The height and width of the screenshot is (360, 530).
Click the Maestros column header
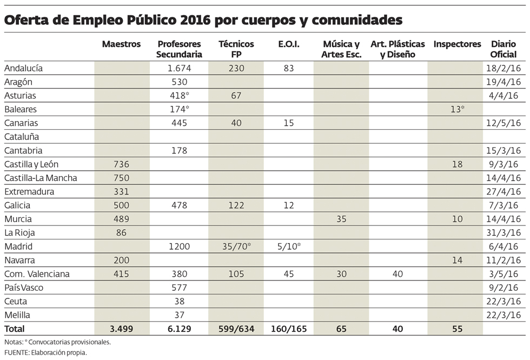coord(121,44)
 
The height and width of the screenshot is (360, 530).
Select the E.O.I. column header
coord(289,44)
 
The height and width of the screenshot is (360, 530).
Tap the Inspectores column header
coord(457,44)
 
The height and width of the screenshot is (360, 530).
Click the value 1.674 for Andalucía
coord(177,68)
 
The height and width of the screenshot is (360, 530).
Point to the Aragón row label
coord(18,82)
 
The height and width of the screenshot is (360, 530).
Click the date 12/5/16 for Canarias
coord(503,123)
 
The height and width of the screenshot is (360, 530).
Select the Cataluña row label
coord(22,137)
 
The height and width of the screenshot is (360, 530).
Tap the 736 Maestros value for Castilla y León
coord(121,164)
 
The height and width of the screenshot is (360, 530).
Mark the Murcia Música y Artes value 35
coord(341,219)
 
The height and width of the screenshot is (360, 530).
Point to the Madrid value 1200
coord(178,246)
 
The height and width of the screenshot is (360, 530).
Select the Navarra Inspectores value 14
coord(457,260)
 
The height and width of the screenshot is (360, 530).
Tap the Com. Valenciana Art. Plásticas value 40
coord(398,274)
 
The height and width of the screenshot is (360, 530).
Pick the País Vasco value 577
coord(178,288)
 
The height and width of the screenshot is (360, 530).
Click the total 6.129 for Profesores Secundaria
coord(178,329)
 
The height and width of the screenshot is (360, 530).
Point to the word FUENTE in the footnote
coord(16,352)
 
